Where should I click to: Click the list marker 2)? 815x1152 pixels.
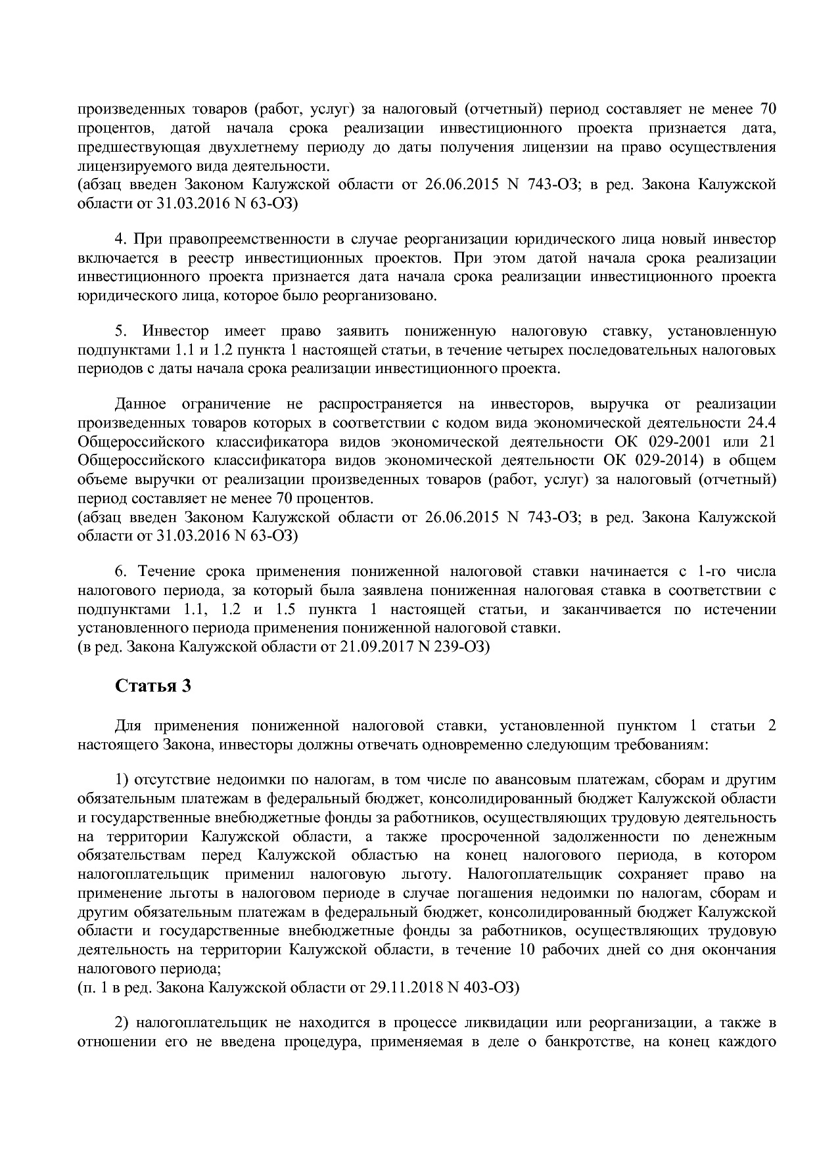point(124,1023)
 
